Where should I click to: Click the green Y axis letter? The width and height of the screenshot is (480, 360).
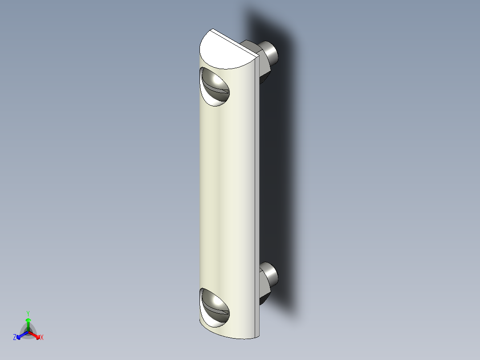click(x=28, y=313)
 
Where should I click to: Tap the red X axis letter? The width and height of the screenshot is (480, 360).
click(x=41, y=338)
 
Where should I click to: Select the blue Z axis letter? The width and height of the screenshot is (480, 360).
click(x=15, y=337)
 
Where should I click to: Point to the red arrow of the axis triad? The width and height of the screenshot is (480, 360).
click(x=36, y=335)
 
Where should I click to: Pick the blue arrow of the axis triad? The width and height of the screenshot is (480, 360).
click(x=20, y=335)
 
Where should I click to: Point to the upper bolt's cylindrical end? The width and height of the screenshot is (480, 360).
click(x=270, y=51)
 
